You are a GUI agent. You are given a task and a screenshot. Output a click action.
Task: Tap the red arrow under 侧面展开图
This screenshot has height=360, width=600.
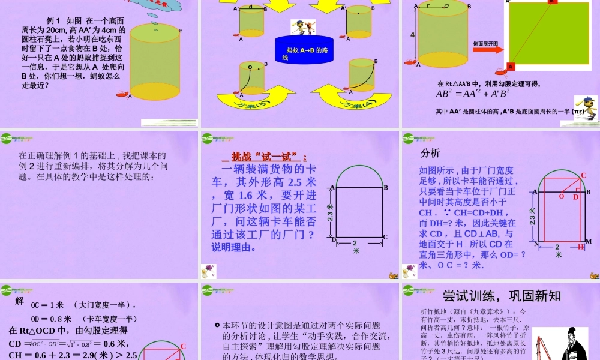(488, 50)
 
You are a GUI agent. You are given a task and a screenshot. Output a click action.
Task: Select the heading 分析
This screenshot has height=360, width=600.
(430, 152)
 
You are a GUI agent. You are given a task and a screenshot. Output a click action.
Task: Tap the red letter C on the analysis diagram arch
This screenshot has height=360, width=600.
(583, 175)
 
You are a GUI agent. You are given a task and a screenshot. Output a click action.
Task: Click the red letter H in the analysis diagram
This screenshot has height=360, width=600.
(580, 247)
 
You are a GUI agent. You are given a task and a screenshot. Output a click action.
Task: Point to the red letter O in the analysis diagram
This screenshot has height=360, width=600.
(562, 196)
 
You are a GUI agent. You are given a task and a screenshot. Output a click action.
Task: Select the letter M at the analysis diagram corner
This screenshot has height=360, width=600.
(589, 241)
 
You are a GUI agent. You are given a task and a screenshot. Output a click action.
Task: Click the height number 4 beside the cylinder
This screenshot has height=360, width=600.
(413, 35)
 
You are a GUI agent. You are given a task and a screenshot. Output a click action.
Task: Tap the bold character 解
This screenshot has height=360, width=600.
(20, 301)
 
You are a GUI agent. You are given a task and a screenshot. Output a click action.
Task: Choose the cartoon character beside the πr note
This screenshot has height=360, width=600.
(585, 108)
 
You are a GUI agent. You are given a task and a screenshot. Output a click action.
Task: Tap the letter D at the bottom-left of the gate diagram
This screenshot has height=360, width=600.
(334, 239)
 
